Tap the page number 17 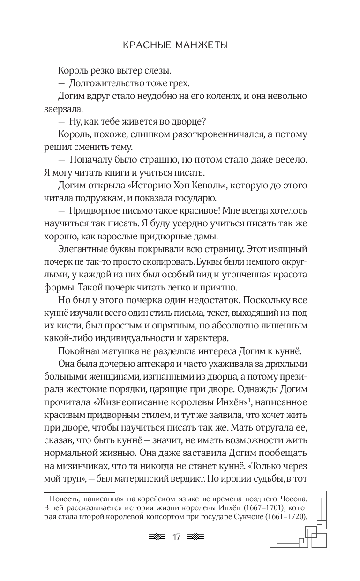tap(177, 537)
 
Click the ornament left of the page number tap(157, 537)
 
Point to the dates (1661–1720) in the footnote tap(285, 516)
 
